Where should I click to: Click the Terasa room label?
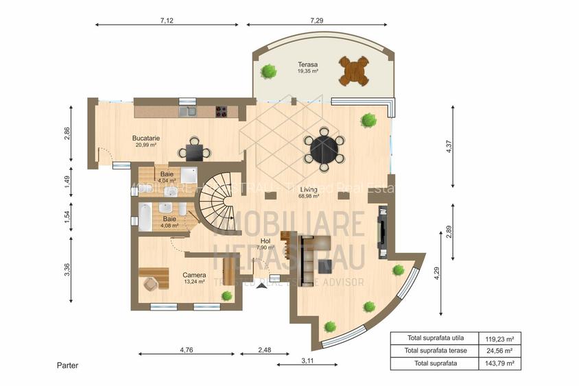(x=307, y=67)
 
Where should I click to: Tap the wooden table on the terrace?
(x=354, y=70)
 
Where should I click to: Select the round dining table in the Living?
(x=323, y=147)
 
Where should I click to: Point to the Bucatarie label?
(x=145, y=138)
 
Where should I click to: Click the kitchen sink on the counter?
(x=187, y=110)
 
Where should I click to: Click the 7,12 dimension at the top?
(x=166, y=21)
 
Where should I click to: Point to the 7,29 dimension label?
(x=316, y=21)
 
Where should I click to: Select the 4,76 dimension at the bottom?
(x=186, y=350)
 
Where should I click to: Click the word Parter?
(x=67, y=365)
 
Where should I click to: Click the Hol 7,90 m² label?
(x=265, y=244)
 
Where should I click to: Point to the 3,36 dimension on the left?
(x=67, y=269)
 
